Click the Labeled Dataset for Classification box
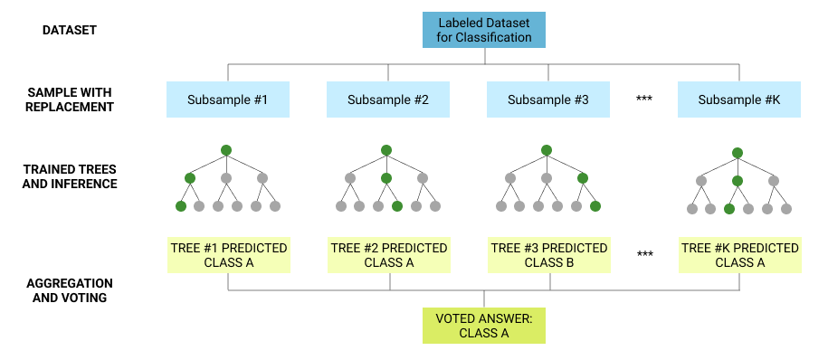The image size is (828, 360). tap(484, 30)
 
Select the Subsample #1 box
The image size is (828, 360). tap(227, 99)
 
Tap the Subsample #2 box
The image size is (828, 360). tap(388, 99)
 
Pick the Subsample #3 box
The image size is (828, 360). tap(548, 99)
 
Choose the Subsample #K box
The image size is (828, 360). tap(739, 99)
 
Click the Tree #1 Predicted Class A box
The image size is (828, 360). tap(228, 255)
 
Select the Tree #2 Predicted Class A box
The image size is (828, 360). tap(389, 255)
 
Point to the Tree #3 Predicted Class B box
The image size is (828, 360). tap(549, 255)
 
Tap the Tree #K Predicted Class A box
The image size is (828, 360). tap(739, 255)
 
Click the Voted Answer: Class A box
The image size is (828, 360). tap(484, 326)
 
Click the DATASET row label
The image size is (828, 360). tap(70, 31)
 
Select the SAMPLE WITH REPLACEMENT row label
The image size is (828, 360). tap(71, 99)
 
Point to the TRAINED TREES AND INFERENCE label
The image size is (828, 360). tap(71, 176)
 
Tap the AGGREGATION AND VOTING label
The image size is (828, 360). tap(71, 289)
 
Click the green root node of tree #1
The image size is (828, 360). tap(226, 149)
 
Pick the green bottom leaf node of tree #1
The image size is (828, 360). tap(181, 206)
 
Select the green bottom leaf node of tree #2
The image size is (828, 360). tap(397, 206)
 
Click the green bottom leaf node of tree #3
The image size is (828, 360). tap(595, 206)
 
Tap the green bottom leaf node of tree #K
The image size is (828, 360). tap(729, 209)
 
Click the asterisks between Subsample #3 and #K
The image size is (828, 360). tap(644, 99)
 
